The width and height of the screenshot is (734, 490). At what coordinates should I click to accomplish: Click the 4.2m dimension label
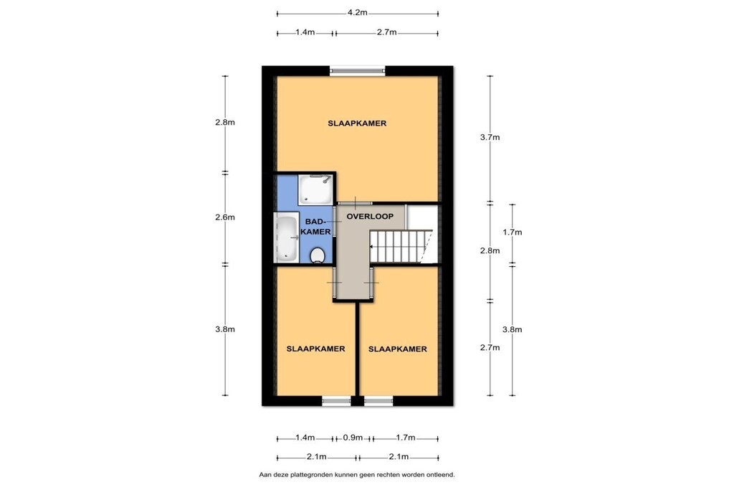coord(357,13)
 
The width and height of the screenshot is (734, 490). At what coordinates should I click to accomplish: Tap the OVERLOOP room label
coord(370,217)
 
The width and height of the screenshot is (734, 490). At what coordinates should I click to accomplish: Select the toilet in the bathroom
coord(318,255)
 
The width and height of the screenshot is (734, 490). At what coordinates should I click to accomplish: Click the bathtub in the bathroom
coord(287,238)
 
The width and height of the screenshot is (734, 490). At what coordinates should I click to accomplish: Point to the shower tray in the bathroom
coord(316,189)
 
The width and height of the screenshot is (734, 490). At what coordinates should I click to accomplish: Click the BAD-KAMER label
coord(315,226)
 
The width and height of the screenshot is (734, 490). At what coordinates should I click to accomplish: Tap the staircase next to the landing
coord(401,246)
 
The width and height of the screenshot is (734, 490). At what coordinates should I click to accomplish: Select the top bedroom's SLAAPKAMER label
coord(357,123)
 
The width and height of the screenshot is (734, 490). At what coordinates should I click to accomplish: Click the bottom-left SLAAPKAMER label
coord(315,349)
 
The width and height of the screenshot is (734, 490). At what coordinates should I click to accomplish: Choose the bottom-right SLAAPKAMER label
coord(397,349)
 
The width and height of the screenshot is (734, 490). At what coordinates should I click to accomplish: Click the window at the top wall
coord(358,71)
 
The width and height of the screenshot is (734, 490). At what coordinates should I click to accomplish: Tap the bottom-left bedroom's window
coord(337,401)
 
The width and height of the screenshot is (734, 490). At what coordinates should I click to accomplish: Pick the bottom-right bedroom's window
coord(378,401)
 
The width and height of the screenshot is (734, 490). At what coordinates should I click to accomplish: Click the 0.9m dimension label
coord(353,438)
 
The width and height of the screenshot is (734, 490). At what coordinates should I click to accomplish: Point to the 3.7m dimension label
coord(490,137)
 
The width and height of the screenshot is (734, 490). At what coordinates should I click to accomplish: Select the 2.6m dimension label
coord(224,217)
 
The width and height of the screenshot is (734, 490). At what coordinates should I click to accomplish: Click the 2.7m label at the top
coord(386,32)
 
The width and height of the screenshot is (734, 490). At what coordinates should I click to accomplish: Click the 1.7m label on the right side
coord(512,232)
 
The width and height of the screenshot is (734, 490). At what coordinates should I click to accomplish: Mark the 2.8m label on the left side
coord(224,122)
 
